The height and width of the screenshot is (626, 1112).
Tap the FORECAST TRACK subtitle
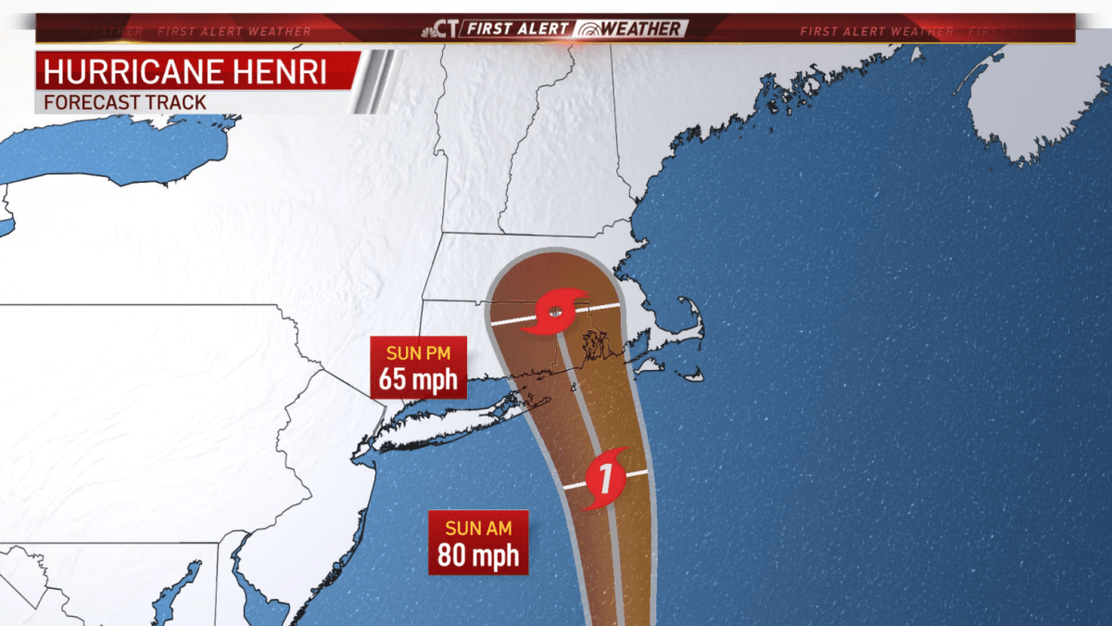click(124, 101)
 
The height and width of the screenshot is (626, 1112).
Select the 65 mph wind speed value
click(418, 379)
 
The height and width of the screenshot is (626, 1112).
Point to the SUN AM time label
click(478, 528)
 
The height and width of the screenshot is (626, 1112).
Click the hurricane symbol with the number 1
click(604, 479)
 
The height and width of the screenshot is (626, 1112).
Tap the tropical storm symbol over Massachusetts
click(554, 312)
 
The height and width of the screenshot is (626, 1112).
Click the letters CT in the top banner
click(446, 29)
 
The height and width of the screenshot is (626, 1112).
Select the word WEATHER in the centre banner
click(642, 29)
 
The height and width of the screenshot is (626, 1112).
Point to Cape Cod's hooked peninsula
click(690, 320)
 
